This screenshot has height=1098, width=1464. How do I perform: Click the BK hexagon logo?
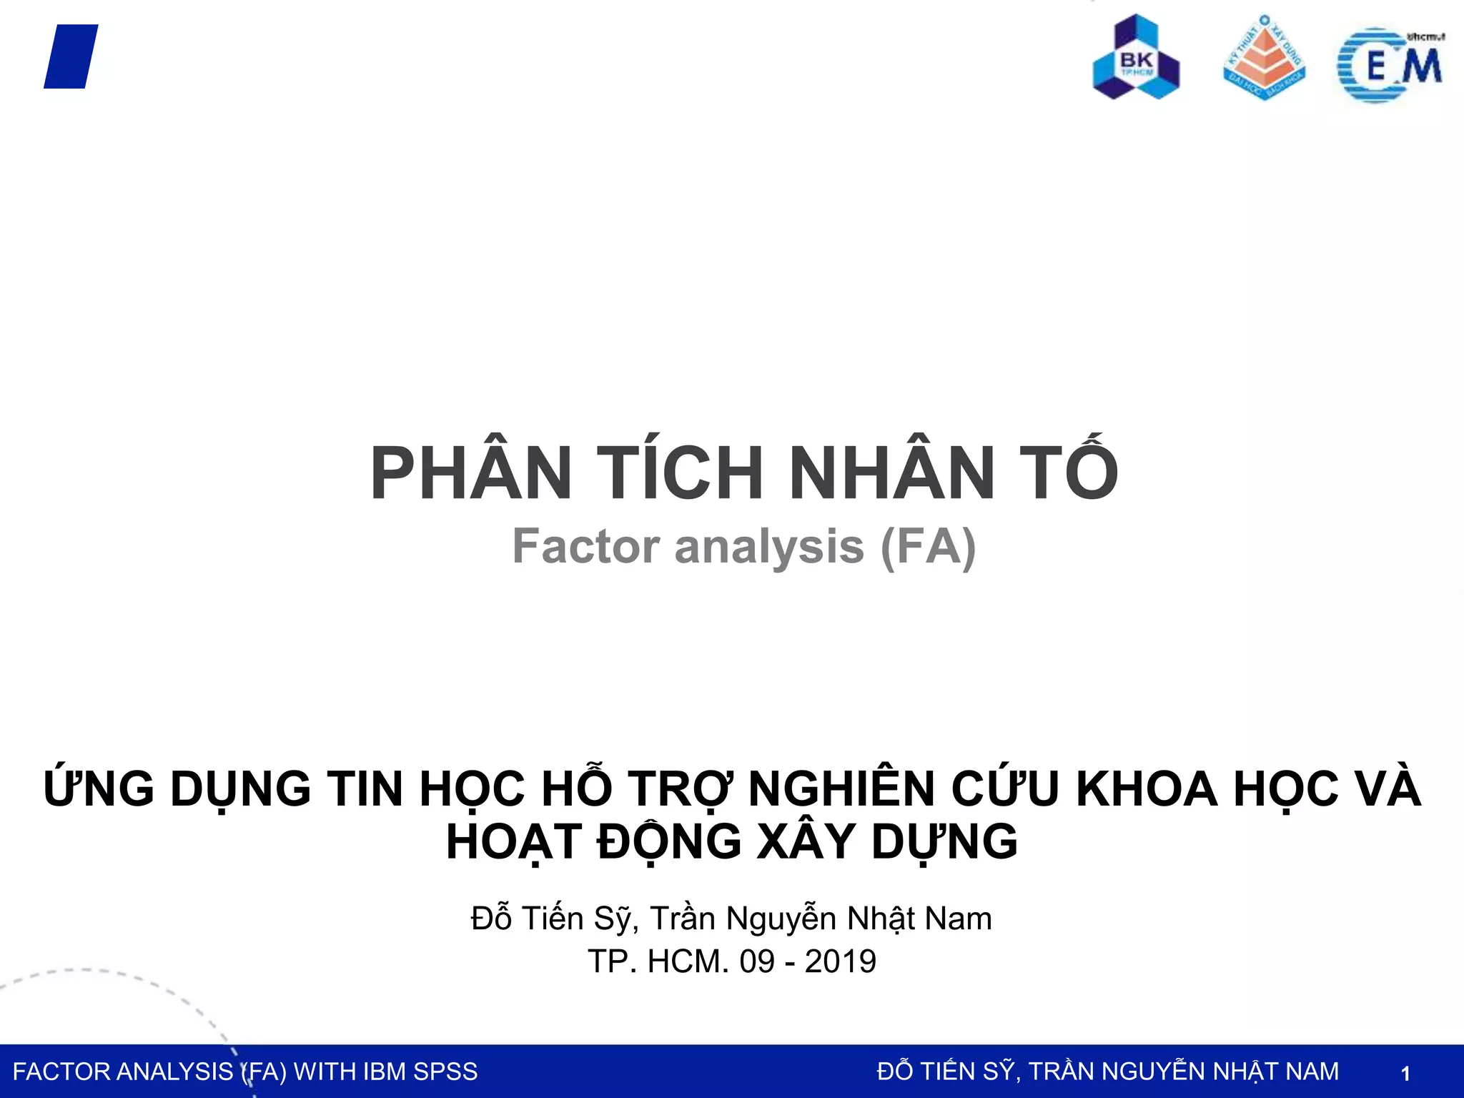(x=1136, y=58)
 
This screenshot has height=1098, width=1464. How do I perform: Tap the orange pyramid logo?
(x=1264, y=58)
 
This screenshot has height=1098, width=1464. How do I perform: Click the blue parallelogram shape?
(x=71, y=56)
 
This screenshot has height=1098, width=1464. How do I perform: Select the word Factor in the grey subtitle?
(x=586, y=547)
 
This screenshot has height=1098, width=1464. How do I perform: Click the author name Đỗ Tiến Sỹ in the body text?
(x=554, y=919)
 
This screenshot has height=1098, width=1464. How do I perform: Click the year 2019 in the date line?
(x=840, y=961)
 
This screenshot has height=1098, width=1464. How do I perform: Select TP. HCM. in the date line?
(x=658, y=961)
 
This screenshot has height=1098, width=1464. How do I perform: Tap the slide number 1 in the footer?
(x=1405, y=1073)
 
